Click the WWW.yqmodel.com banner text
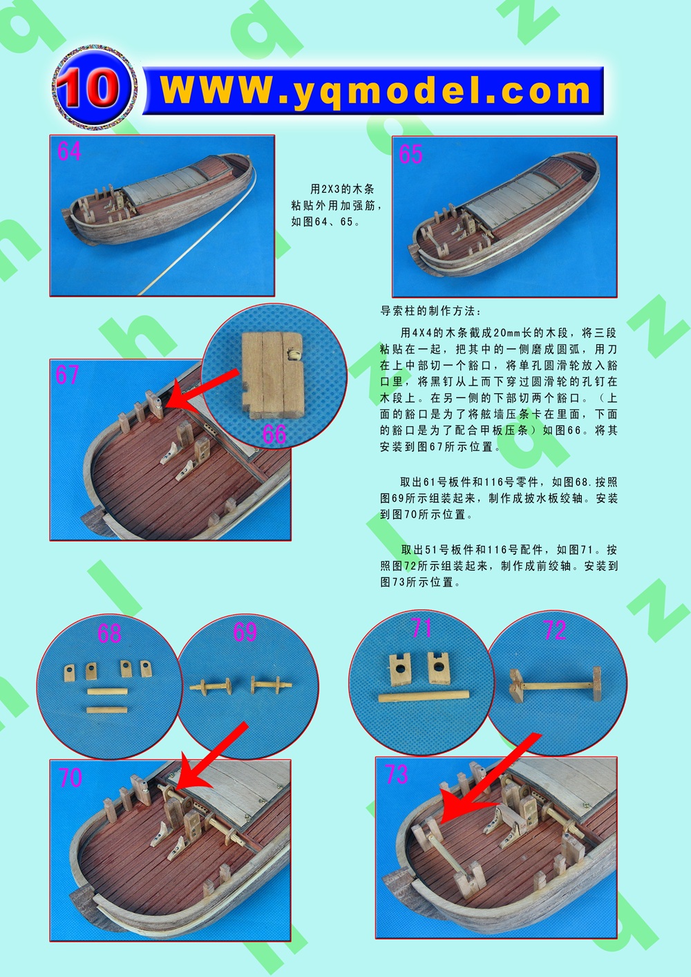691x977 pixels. tap(375, 91)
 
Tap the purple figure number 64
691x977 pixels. tap(69, 151)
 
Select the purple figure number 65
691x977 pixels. tap(411, 153)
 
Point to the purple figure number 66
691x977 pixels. tap(274, 433)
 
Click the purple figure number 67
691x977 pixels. tap(67, 374)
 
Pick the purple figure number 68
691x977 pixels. tap(109, 633)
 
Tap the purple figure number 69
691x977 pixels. tap(245, 632)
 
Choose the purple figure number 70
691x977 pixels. tap(70, 777)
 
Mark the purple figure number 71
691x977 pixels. tap(422, 627)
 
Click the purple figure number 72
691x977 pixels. tap(555, 630)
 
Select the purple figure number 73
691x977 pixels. tap(396, 774)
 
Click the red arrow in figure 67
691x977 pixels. tap(202, 390)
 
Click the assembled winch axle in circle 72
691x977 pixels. tap(556, 685)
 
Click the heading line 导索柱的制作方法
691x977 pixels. tap(431, 311)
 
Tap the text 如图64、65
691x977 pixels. tap(326, 221)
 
